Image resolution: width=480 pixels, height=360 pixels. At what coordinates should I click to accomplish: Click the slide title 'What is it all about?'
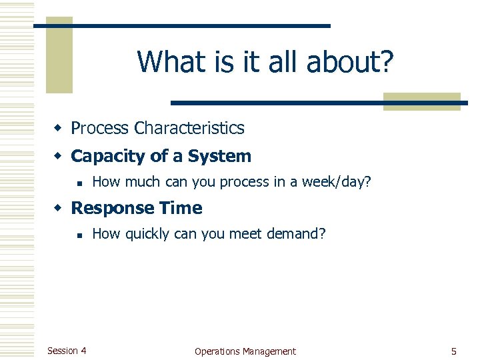click(265, 62)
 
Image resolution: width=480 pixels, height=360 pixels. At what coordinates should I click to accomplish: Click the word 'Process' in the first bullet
click(99, 128)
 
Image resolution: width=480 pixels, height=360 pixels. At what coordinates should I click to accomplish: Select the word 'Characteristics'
click(189, 128)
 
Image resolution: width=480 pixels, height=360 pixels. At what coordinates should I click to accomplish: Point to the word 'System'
click(219, 157)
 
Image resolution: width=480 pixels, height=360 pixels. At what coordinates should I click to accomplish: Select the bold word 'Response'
click(109, 208)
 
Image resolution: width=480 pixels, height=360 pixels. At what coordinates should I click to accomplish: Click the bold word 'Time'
click(178, 208)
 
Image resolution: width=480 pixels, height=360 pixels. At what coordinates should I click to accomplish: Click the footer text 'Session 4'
click(67, 351)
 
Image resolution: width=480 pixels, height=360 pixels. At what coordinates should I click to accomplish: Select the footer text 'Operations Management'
click(245, 351)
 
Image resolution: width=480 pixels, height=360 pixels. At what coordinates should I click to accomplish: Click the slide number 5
click(453, 351)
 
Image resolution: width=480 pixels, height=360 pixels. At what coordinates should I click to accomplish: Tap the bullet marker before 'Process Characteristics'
click(59, 128)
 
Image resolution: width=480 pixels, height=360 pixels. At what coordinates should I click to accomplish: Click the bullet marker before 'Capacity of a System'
click(59, 157)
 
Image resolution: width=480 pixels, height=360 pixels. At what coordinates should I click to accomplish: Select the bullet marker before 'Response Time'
click(59, 208)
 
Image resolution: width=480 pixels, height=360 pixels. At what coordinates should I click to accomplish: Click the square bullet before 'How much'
click(79, 182)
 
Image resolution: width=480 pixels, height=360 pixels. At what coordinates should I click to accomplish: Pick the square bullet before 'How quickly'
click(79, 234)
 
